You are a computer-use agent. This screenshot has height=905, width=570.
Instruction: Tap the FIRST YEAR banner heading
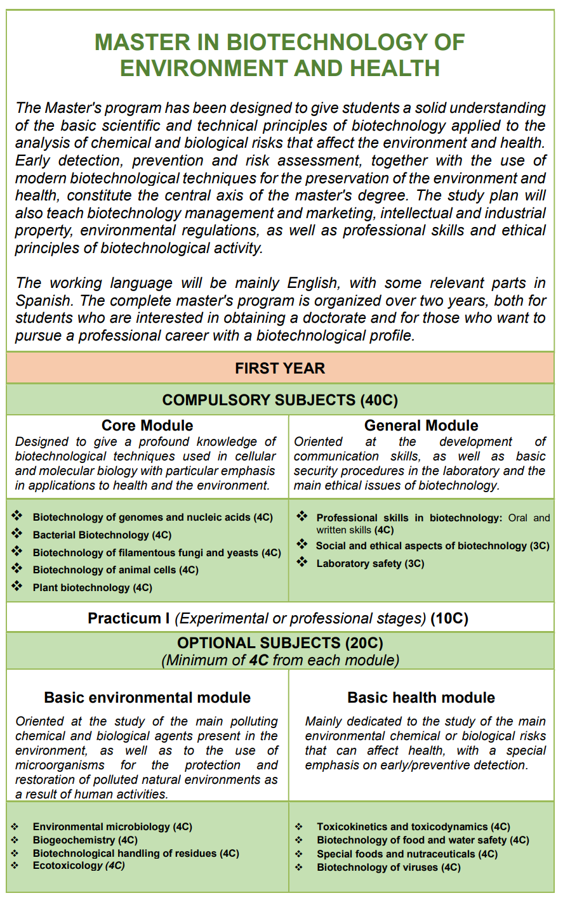pos(280,368)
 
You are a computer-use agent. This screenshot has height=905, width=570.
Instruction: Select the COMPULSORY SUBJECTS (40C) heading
pos(280,400)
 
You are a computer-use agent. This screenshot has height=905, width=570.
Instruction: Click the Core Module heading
pos(147,426)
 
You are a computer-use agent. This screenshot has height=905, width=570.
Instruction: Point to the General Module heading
pos(421,426)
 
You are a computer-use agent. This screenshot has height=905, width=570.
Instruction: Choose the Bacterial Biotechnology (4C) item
pos(102,535)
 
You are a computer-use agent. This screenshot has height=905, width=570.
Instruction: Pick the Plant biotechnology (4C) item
pos(93,588)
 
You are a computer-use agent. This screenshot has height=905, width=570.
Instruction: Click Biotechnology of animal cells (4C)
pos(116,570)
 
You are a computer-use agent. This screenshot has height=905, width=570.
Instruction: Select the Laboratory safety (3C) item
pos(370,563)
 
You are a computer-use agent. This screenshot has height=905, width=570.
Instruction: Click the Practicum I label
pos(124,618)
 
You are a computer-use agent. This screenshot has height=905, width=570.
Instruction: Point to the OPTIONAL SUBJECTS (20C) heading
pos(280,643)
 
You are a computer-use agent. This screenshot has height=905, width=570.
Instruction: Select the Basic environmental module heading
pos(147,698)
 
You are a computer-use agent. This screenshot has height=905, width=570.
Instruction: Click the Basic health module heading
pos(421,698)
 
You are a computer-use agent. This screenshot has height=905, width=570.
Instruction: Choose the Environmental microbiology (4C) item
pos(112,827)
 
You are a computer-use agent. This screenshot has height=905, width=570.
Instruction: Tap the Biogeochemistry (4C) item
pos(85,840)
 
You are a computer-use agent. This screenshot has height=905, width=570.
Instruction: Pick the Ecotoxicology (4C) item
pos(79,866)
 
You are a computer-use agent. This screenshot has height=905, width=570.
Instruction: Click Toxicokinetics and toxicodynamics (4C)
pos(413,827)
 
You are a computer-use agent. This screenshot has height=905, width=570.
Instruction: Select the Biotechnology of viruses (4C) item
pos(388,868)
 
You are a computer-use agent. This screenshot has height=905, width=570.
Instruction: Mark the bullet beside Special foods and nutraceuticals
pos(299,854)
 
